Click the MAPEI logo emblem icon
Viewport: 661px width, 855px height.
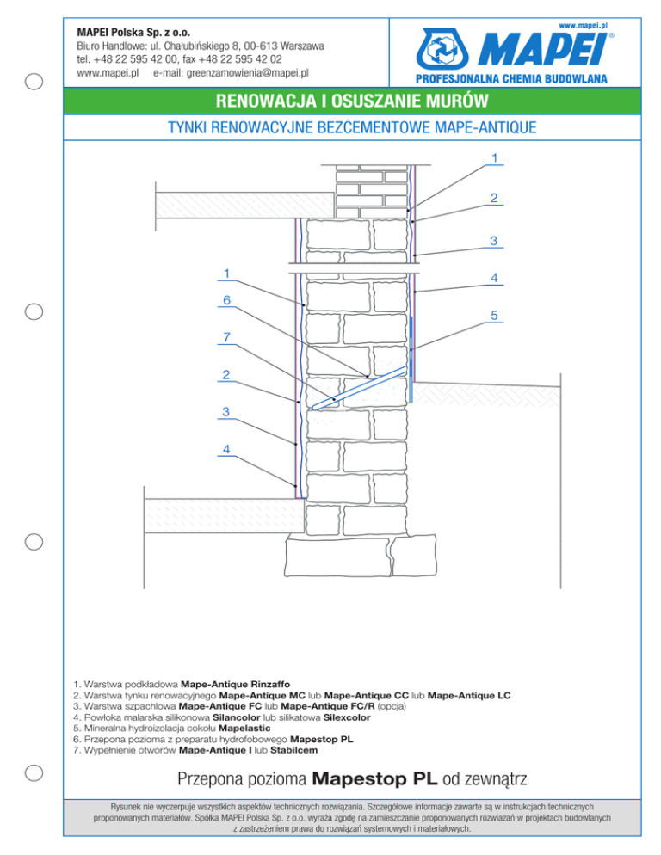[442, 49]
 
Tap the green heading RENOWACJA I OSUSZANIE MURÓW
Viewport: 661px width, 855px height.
[352, 101]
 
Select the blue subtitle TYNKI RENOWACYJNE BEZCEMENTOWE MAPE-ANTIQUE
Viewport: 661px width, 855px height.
[352, 127]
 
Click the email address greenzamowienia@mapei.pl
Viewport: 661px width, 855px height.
[248, 72]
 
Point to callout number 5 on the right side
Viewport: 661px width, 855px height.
[494, 315]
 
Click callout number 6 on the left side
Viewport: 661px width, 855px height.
[226, 300]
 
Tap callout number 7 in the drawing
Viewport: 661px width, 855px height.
[226, 337]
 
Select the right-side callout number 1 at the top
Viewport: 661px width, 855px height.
[495, 158]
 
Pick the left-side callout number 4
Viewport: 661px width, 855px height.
[226, 449]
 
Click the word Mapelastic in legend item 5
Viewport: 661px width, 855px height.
[244, 728]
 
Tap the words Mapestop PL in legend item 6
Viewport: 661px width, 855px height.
[322, 740]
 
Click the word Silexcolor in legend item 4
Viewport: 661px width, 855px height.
[347, 717]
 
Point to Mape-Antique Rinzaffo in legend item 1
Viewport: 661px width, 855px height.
[235, 684]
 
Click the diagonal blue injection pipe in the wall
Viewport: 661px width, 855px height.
[360, 388]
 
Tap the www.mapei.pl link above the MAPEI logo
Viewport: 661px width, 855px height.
[584, 25]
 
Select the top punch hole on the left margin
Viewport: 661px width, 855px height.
[34, 81]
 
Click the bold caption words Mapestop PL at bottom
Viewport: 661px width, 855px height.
[374, 778]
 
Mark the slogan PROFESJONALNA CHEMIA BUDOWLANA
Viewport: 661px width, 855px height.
[511, 78]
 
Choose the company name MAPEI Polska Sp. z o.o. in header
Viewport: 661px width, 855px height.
[133, 33]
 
